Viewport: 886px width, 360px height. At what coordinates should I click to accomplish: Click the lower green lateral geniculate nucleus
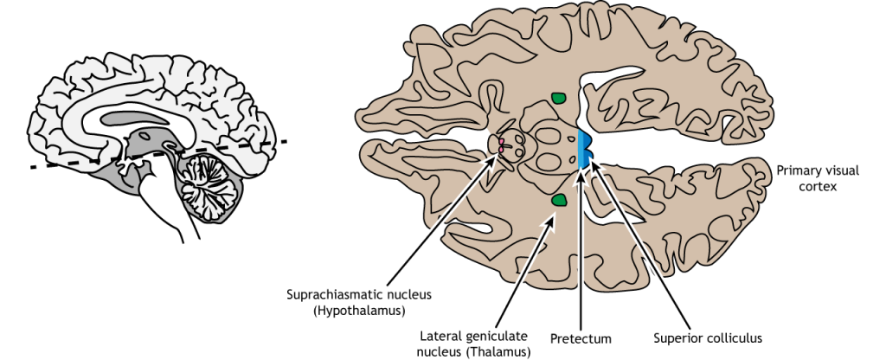559,202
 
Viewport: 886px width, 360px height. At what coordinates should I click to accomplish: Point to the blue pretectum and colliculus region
585,146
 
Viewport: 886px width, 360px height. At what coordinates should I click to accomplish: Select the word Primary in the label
796,170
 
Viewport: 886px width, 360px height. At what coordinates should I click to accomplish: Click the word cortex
817,186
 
